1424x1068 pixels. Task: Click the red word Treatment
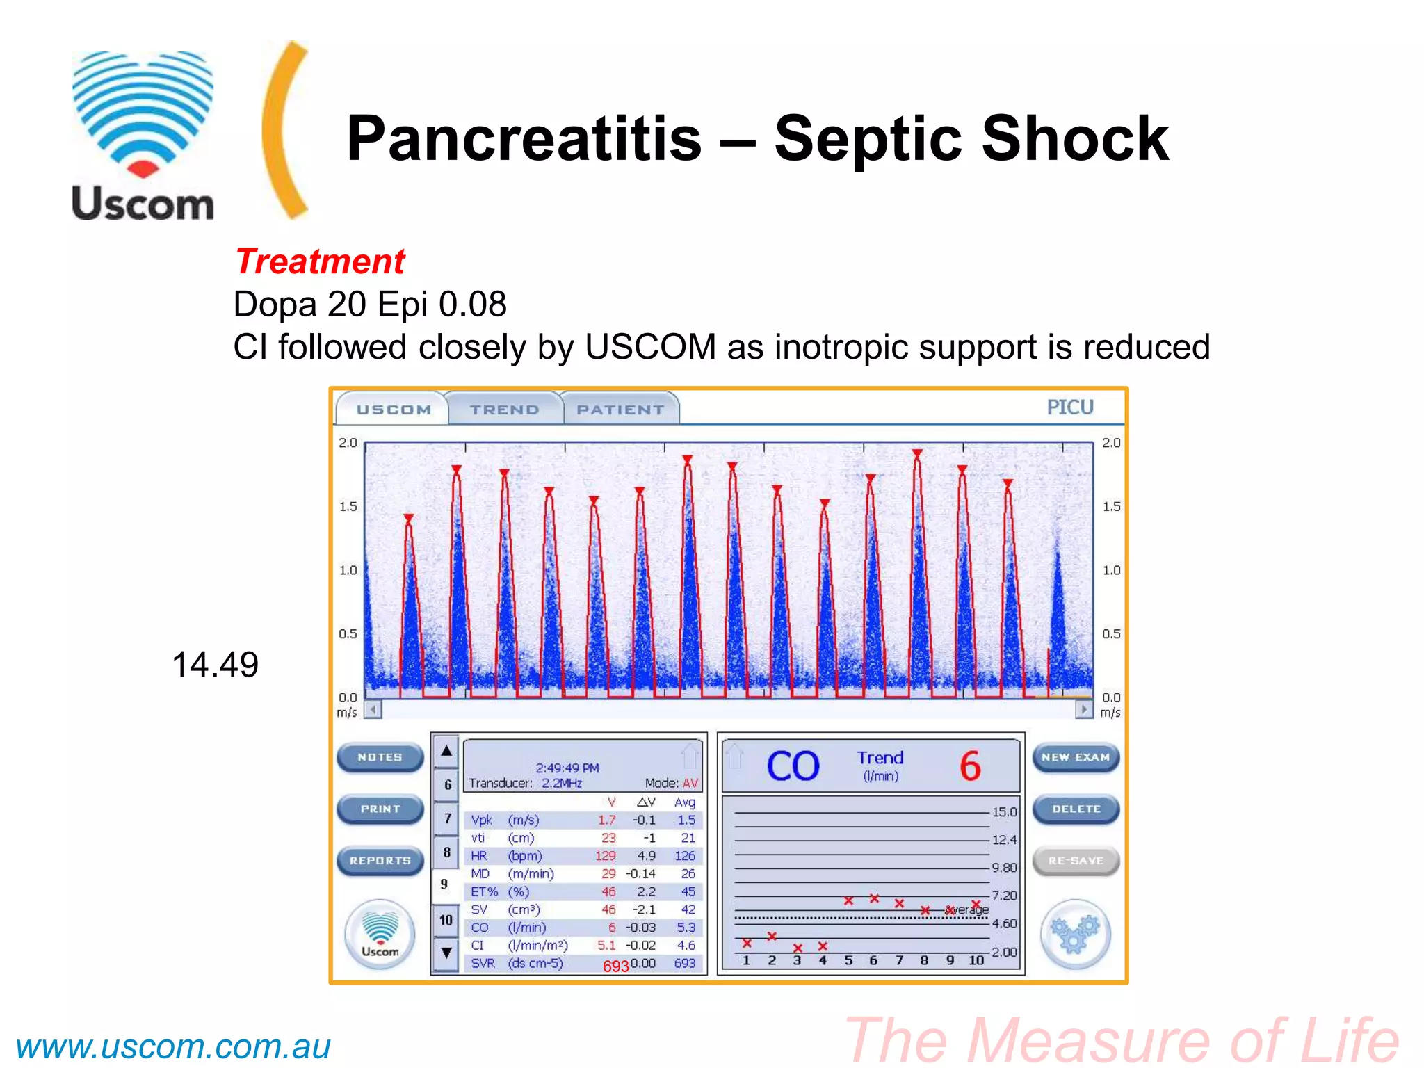(x=320, y=262)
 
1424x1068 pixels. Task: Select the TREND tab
(x=504, y=410)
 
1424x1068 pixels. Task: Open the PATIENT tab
(x=620, y=410)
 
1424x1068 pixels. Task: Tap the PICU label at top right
(x=1070, y=407)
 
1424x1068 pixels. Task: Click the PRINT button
(x=380, y=809)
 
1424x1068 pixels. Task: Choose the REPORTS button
(x=380, y=861)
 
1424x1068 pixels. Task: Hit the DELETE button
(x=1076, y=809)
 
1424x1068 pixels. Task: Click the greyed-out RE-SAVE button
(x=1076, y=861)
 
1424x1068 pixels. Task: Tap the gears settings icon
(x=1075, y=934)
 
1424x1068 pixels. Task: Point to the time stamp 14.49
(x=215, y=665)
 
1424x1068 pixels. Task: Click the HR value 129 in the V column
(x=605, y=856)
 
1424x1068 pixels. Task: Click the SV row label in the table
(x=479, y=909)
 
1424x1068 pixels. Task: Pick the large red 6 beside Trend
(x=970, y=766)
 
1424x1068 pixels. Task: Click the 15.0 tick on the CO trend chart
(x=1004, y=812)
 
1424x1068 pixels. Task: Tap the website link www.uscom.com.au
(x=173, y=1047)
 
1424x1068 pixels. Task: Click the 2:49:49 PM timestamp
(x=567, y=768)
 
